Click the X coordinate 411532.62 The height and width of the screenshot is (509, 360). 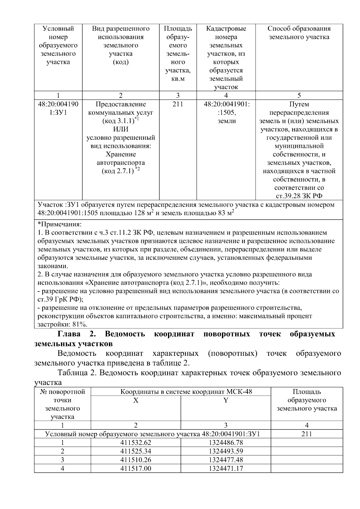click(x=136, y=442)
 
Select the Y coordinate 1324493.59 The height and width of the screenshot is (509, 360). click(x=226, y=451)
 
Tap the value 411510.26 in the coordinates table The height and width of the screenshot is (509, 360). click(x=136, y=460)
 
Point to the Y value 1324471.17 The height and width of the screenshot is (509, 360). click(x=226, y=469)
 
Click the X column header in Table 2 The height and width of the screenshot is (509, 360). click(x=136, y=400)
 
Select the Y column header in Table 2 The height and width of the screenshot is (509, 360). click(x=226, y=400)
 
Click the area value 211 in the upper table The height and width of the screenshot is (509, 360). click(x=178, y=104)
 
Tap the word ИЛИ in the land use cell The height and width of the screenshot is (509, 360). click(x=121, y=129)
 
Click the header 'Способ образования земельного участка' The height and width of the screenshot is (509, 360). click(x=299, y=33)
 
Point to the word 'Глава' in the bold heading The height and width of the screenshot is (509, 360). click(x=69, y=334)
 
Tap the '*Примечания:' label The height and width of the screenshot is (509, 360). click(x=59, y=224)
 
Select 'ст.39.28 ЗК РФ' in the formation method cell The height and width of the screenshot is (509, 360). click(x=299, y=196)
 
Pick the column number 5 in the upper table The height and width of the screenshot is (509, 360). click(x=299, y=95)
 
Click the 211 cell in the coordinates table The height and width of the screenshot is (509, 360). click(x=306, y=434)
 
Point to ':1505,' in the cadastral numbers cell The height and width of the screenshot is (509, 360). click(x=226, y=113)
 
